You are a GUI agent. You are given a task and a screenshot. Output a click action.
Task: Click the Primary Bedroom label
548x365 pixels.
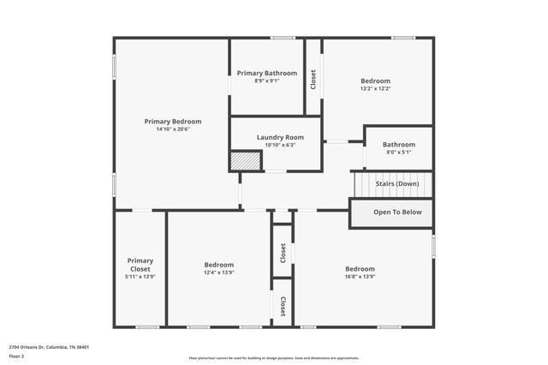173,122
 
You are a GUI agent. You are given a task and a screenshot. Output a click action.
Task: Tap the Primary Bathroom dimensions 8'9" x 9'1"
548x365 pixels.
267,81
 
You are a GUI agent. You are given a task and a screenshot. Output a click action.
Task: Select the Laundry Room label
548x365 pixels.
280,137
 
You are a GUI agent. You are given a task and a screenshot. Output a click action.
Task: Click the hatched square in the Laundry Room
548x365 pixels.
244,161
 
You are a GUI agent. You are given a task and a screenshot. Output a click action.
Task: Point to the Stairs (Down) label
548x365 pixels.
397,183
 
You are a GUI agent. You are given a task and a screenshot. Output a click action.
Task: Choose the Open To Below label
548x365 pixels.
397,212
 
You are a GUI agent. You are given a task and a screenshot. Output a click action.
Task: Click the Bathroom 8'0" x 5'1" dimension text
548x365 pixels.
398,153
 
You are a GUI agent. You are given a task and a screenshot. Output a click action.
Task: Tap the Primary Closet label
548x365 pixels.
140,265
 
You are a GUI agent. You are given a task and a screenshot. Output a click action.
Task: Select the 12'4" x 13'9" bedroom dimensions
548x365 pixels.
218,273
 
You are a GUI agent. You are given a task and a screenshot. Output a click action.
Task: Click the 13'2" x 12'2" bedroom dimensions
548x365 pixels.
375,88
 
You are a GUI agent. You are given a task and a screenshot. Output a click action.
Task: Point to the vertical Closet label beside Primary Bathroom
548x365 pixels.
313,80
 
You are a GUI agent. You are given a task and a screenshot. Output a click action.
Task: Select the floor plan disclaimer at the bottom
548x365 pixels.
274,358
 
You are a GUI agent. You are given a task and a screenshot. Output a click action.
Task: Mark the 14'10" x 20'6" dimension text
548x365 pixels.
173,129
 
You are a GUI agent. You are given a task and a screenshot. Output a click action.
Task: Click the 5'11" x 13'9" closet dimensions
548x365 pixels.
140,277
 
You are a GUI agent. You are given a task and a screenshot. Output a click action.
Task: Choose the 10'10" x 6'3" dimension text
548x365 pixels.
280,145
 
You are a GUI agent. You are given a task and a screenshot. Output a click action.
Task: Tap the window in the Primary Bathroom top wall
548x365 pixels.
283,38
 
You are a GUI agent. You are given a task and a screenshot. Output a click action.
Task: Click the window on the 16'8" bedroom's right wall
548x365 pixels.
433,245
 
